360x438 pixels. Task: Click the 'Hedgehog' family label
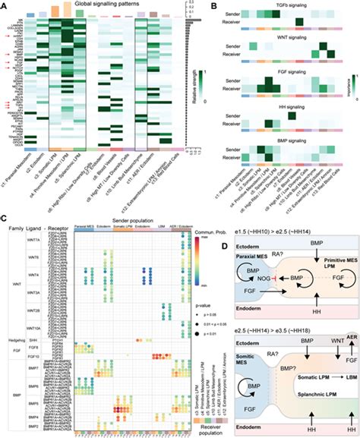point(16,339)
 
